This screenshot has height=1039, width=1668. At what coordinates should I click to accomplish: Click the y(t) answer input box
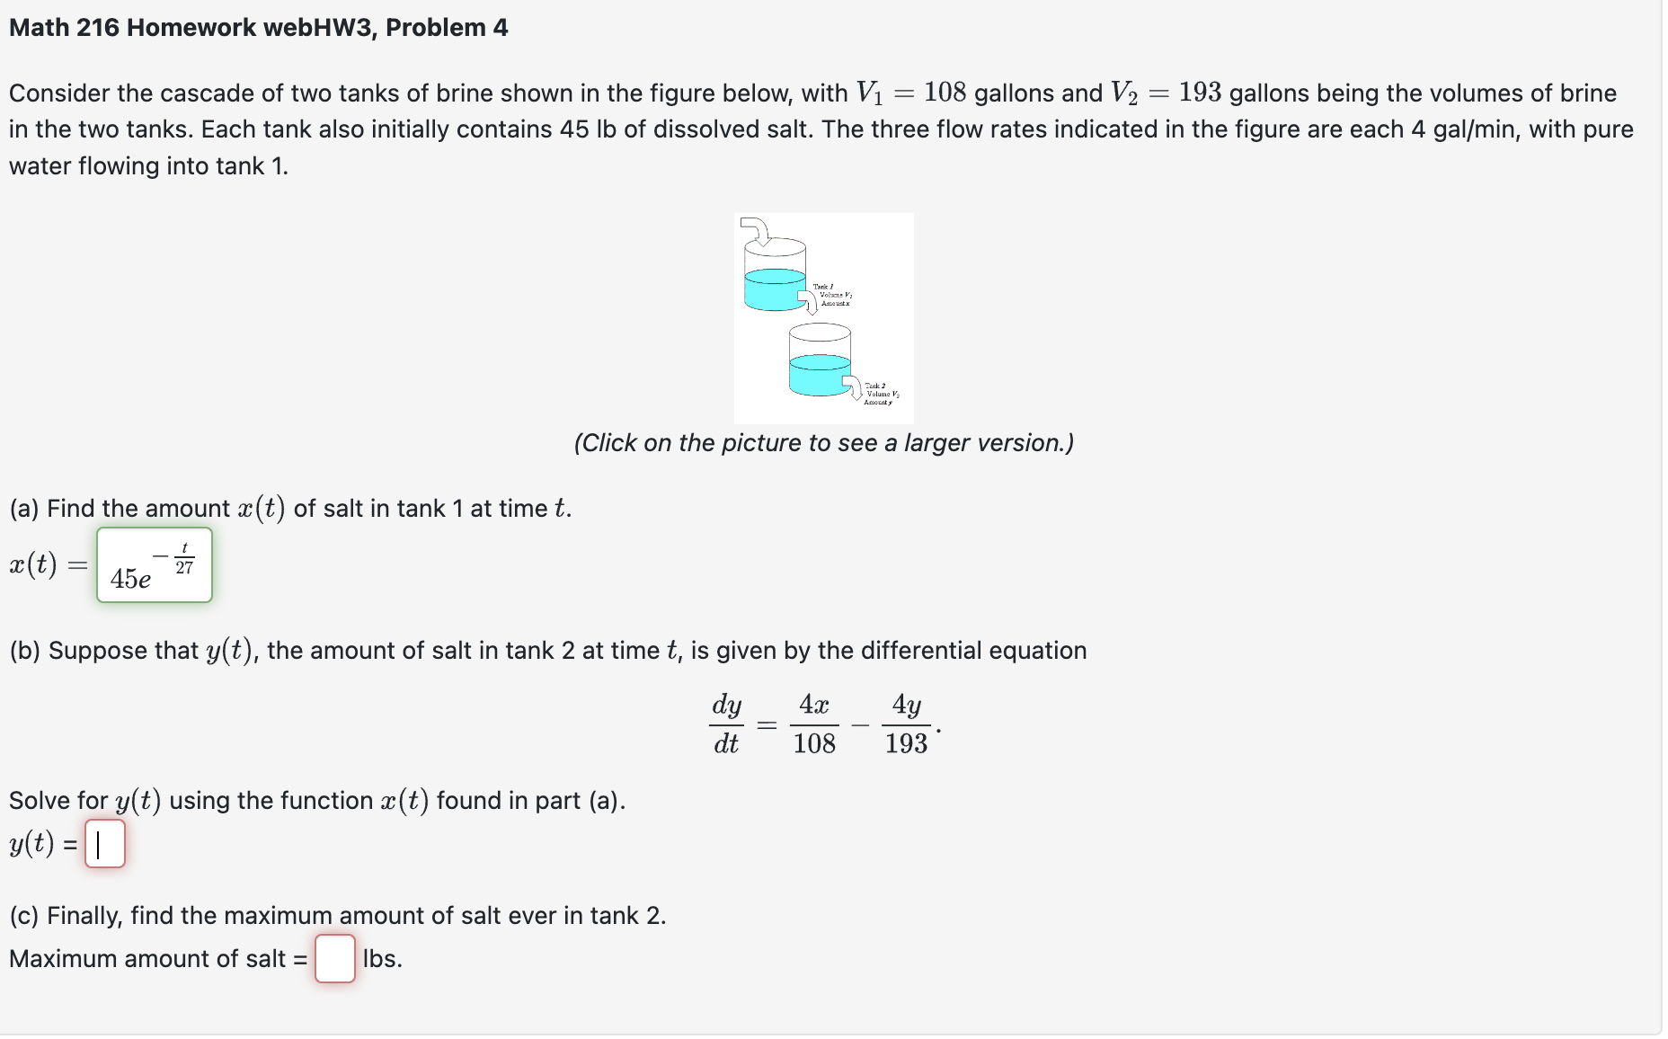click(x=105, y=843)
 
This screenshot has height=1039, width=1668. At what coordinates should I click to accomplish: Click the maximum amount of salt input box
click(x=334, y=958)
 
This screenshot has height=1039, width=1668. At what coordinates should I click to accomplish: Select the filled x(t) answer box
click(x=155, y=565)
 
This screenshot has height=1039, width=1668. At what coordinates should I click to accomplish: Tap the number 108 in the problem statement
click(x=945, y=93)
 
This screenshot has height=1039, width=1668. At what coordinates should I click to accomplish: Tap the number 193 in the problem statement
click(x=1199, y=93)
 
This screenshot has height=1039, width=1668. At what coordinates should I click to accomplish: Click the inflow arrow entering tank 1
click(x=758, y=230)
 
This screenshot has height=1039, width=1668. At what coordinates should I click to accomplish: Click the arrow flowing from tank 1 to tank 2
click(x=808, y=301)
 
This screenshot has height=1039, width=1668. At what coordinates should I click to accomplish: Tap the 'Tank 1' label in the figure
click(x=822, y=287)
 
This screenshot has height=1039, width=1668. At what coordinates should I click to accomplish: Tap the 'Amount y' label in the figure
click(x=877, y=403)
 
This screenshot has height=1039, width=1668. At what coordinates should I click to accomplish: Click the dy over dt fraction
click(x=726, y=724)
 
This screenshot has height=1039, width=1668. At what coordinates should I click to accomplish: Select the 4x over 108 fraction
click(x=814, y=724)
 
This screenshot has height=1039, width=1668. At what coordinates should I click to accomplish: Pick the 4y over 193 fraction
click(x=906, y=724)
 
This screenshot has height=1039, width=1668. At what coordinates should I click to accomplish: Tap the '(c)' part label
click(x=24, y=916)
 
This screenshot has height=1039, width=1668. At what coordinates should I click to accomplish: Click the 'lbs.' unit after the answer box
click(x=382, y=959)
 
